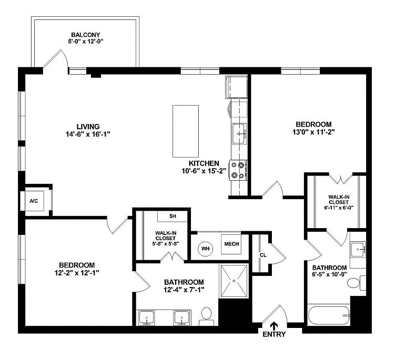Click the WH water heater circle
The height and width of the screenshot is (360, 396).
coord(205,248)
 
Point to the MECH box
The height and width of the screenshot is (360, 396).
coord(231,244)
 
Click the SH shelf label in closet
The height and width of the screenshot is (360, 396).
coord(172,217)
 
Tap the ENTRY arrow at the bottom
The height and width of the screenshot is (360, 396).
coord(273,326)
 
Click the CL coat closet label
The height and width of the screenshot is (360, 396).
coord(262,255)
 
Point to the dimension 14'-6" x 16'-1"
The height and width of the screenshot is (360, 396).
coord(88,135)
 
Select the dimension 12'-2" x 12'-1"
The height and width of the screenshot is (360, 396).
coord(77,273)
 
